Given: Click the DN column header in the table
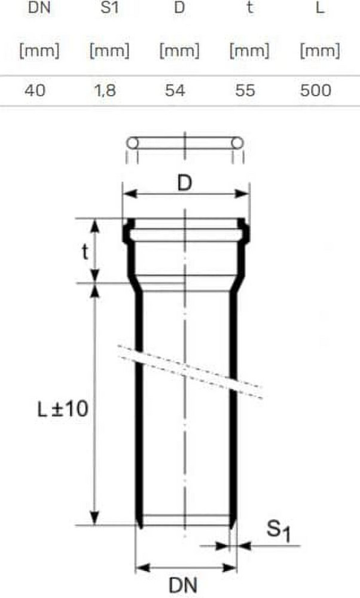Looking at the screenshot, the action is tap(39, 8).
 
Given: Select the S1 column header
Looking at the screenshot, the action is tap(109, 8).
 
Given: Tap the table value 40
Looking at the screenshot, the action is tap(35, 91).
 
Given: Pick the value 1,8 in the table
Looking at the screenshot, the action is tap(105, 91).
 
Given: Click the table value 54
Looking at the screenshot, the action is tap(175, 91).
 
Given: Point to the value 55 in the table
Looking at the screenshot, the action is tap(245, 91).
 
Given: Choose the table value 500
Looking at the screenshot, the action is tap(315, 91).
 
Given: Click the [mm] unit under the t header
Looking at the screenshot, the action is tap(249, 51).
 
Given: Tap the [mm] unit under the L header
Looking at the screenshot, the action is tap(320, 51).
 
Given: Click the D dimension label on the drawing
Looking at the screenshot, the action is tap(185, 184).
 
